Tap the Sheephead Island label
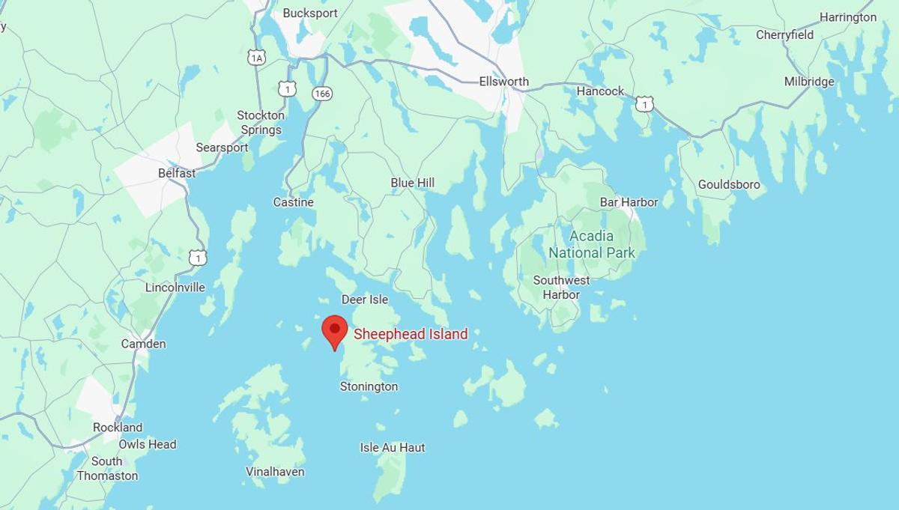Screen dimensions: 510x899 411,334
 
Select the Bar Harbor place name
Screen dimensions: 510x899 629,202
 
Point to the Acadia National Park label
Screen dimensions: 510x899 592,245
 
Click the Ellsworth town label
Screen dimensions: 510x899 503,82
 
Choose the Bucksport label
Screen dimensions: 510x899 310,13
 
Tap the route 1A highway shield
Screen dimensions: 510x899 257,57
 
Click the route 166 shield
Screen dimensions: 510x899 322,94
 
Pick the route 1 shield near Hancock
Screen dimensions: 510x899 644,104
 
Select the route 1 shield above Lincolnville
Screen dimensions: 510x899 197,258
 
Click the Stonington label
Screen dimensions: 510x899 369,386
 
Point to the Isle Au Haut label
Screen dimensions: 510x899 393,447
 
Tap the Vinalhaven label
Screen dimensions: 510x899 275,472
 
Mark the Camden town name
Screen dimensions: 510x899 143,344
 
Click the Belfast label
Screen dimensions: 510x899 177,173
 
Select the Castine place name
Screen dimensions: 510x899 293,202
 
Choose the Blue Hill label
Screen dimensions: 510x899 412,183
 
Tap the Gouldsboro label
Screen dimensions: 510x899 729,184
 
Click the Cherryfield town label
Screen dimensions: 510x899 784,35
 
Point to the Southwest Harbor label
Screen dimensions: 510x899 561,288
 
